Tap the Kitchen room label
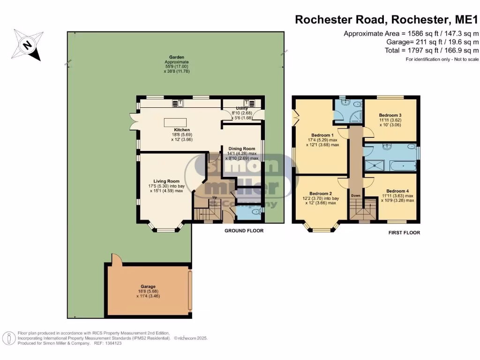[x=182, y=130]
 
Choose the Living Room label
[x=166, y=181]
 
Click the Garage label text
[x=148, y=286]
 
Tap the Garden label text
[x=176, y=57]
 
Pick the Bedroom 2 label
[x=321, y=194]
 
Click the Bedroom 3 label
[x=390, y=115]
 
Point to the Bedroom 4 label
[x=391, y=191]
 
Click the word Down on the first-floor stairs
[x=356, y=195]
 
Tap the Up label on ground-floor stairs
[x=215, y=197]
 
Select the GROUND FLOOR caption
[x=244, y=231]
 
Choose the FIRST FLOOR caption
[x=404, y=232]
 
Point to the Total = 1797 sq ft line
[x=432, y=50]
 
